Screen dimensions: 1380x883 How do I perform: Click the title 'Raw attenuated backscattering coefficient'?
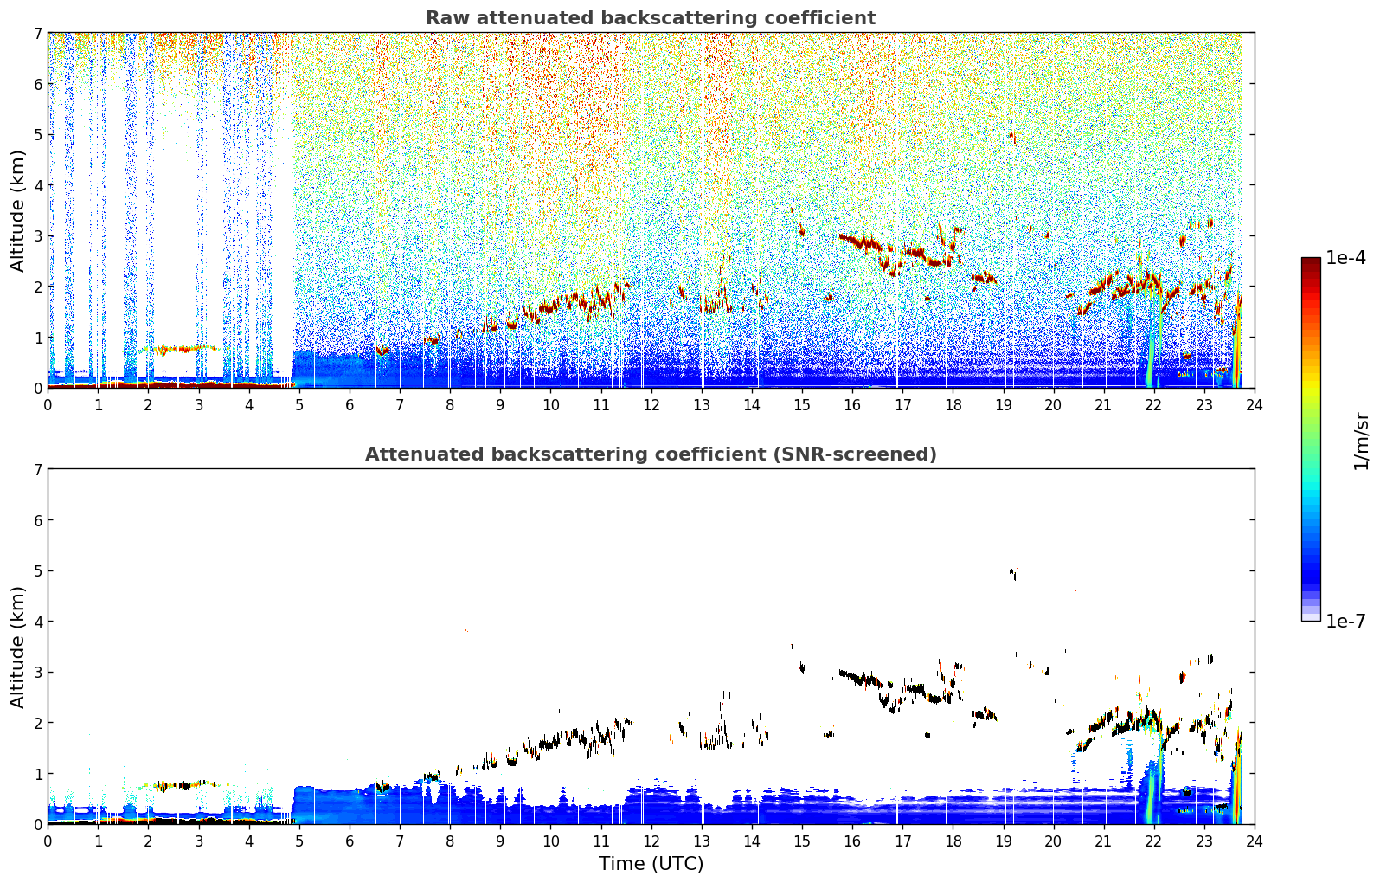[x=651, y=18]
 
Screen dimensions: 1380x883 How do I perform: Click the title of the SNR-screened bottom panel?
[x=651, y=454]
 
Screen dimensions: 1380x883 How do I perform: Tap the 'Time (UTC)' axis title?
[x=651, y=863]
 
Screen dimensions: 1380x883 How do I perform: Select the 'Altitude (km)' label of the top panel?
[x=17, y=211]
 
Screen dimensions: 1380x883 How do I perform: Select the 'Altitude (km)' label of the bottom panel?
[x=17, y=647]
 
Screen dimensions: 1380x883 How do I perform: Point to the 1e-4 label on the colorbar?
[x=1345, y=258]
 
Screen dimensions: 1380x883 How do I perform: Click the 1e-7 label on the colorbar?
[x=1345, y=621]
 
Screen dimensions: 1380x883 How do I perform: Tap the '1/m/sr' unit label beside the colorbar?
[x=1361, y=441]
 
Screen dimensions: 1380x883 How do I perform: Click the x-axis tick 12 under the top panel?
[x=651, y=405]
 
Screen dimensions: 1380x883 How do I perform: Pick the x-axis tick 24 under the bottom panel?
[x=1255, y=841]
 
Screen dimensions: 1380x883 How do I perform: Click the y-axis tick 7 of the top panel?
[x=38, y=33]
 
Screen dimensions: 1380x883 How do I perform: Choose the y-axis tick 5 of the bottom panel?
[x=38, y=571]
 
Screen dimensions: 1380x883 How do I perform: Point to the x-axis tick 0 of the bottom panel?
[x=48, y=841]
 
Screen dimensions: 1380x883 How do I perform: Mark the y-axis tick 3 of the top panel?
[x=38, y=236]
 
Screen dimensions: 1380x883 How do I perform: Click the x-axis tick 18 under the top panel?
[x=953, y=405]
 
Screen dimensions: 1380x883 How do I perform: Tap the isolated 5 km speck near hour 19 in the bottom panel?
[x=1013, y=574]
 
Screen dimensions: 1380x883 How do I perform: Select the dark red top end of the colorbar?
[x=1311, y=261]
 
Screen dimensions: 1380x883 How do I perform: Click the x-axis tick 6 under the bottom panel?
[x=350, y=841]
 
